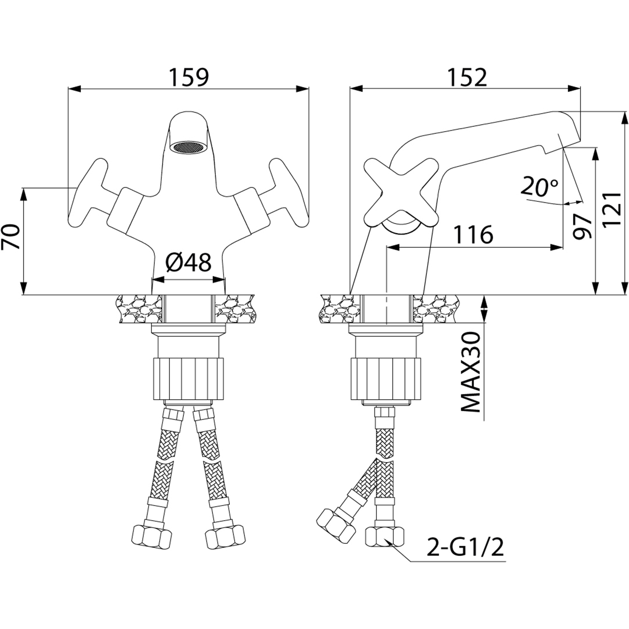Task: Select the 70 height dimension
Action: (x=12, y=236)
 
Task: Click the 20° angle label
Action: (x=540, y=186)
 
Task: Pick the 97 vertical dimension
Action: (x=582, y=225)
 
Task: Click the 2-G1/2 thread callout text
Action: (x=464, y=548)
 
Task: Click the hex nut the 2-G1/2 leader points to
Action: (x=385, y=536)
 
